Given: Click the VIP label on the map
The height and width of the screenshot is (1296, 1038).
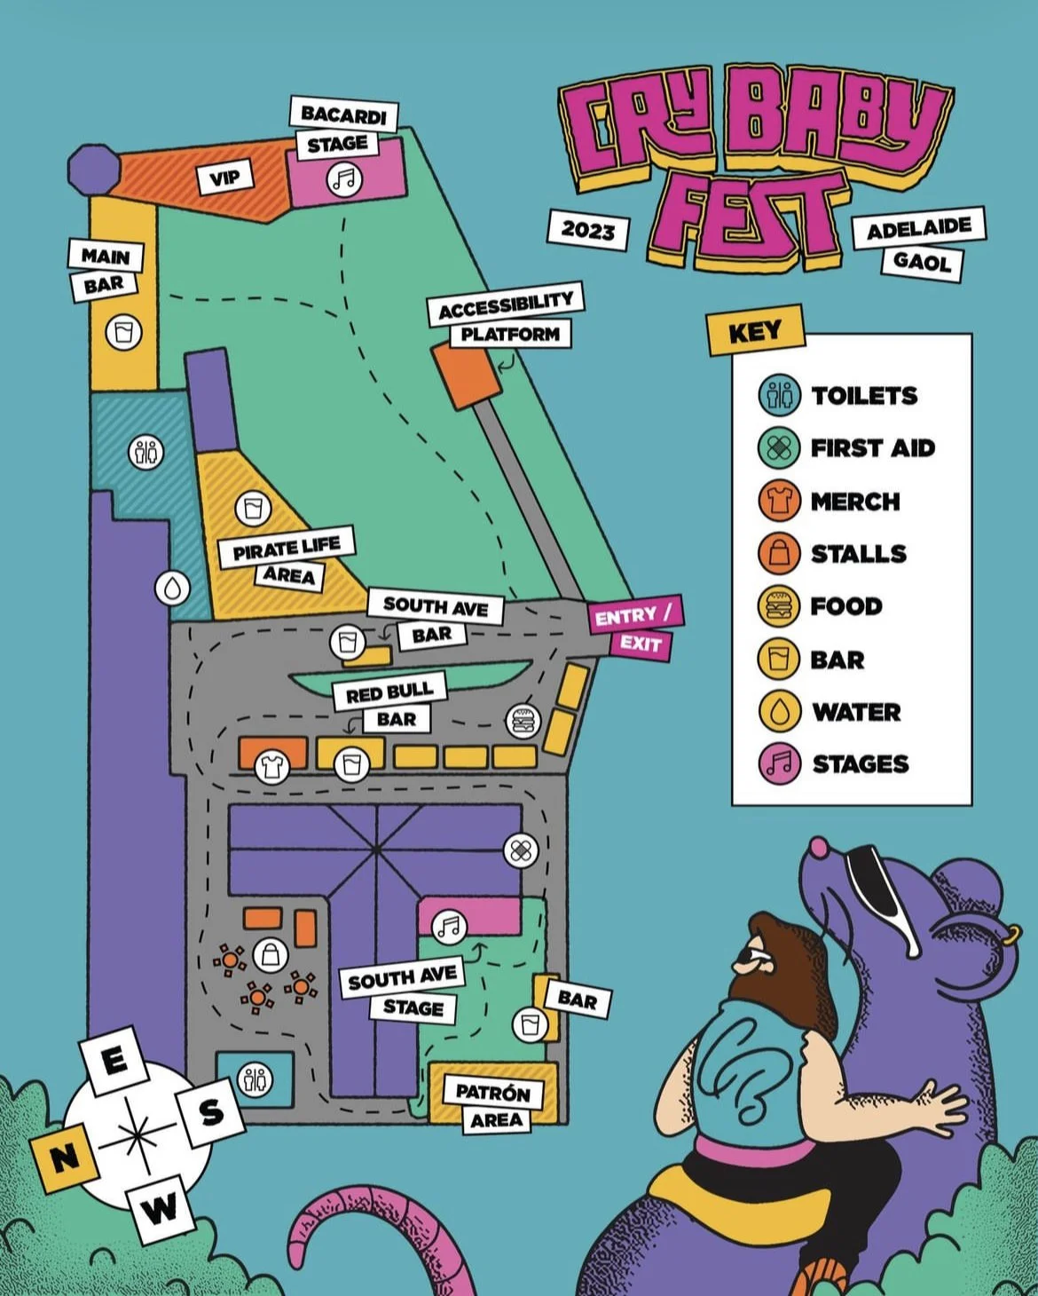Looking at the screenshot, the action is (224, 178).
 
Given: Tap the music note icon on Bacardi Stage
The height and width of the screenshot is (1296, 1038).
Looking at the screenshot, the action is (343, 180).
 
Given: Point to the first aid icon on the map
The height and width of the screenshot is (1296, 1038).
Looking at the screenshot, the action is (520, 850).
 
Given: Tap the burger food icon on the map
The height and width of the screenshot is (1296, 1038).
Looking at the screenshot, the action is (523, 721).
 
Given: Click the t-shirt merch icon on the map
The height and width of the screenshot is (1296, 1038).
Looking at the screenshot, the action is (271, 767).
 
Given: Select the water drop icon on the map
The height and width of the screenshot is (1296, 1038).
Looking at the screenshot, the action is (172, 588).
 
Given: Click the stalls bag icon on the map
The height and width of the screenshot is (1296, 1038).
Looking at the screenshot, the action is (271, 955).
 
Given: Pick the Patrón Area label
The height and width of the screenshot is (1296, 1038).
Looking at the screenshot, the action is (492, 1092).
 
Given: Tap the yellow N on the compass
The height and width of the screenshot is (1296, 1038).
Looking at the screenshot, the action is (63, 1157).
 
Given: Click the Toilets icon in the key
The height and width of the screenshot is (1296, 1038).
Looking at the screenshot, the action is (779, 395).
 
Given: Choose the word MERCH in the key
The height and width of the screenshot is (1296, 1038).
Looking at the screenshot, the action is (854, 502).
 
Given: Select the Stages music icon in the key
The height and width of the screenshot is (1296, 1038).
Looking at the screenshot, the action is (779, 763).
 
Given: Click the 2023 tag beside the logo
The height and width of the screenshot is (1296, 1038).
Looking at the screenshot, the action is (588, 231).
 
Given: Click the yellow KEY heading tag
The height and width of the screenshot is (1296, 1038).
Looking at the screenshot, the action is (755, 331).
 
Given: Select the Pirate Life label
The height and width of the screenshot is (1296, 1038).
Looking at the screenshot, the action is (286, 548).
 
